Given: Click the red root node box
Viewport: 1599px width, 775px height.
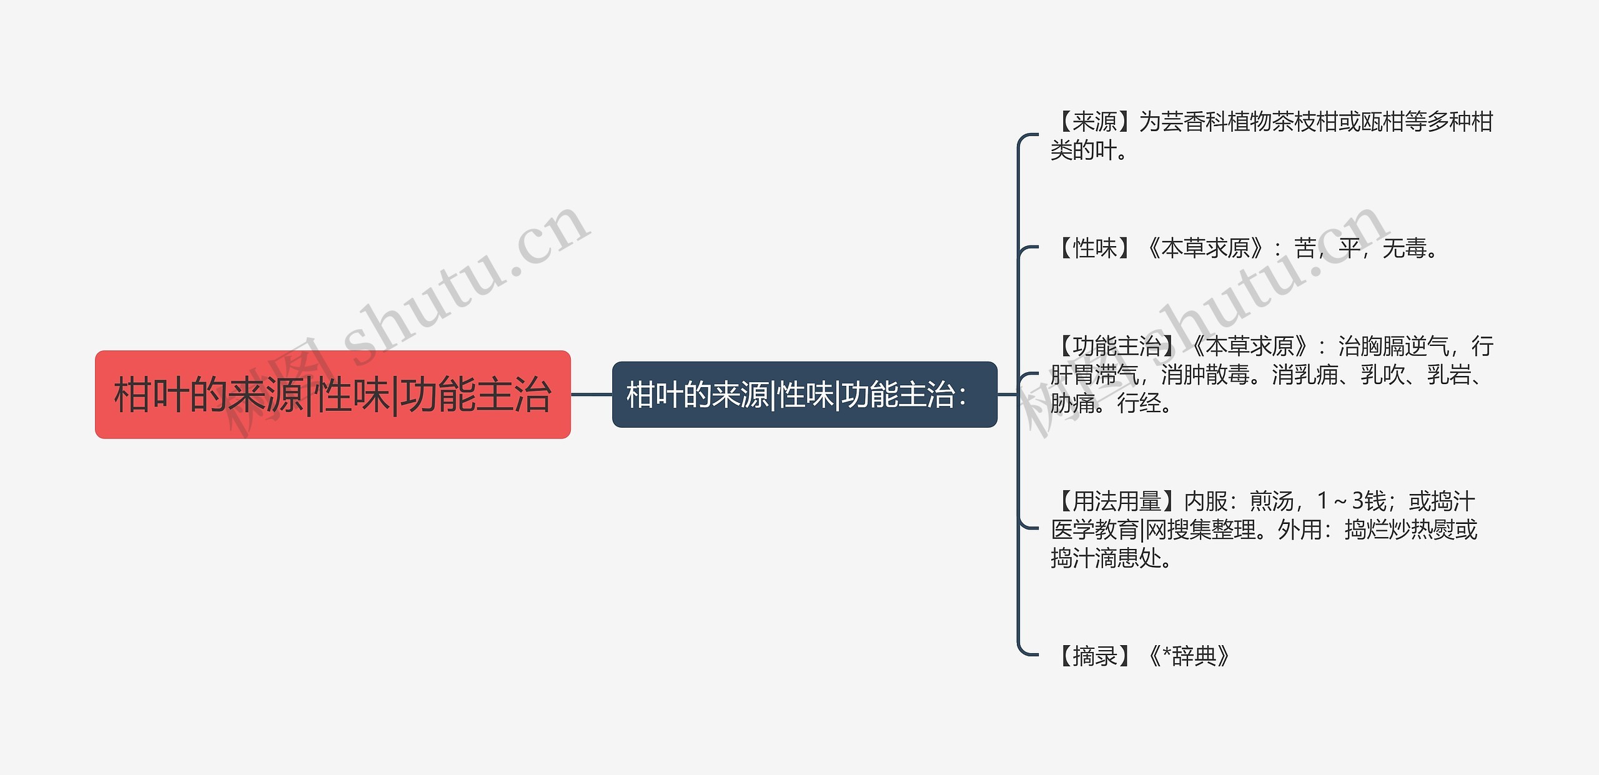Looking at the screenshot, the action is click(x=332, y=395).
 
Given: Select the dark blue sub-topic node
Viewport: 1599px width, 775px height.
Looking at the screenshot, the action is click(x=804, y=395).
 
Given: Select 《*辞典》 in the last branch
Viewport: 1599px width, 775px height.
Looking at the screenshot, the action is click(x=1189, y=656).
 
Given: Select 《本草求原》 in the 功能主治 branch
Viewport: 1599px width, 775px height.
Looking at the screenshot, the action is click(x=1250, y=346).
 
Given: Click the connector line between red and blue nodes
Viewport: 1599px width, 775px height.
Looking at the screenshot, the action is click(x=591, y=395).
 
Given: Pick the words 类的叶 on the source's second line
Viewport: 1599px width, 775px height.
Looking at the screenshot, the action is click(x=1083, y=151).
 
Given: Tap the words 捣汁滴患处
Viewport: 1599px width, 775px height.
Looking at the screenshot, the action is click(x=1106, y=558).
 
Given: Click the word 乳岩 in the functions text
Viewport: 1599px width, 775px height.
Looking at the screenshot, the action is click(x=1448, y=375).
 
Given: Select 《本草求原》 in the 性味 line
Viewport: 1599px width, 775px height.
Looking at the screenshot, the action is click(x=1205, y=249).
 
